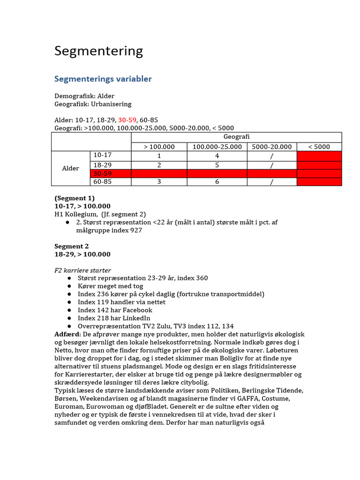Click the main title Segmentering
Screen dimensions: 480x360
coord(98,51)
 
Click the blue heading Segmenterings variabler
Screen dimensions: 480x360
coord(103,79)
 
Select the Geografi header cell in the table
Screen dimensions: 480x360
coord(236,137)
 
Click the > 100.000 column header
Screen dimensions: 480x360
coord(159,147)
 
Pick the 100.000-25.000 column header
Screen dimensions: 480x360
coord(217,147)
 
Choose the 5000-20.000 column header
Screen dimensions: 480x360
coord(271,147)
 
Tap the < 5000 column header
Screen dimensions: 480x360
coord(319,147)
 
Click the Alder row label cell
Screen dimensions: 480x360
coord(70,168)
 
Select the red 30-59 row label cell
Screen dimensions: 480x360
coord(110,173)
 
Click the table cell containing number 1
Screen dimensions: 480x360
coord(159,156)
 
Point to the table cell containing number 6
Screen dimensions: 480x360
coord(217,182)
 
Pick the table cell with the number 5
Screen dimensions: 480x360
coord(217,165)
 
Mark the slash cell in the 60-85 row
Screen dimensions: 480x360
coord(271,182)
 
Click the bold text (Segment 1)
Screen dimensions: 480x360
coord(75,198)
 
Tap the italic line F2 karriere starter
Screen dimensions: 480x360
coord(82,270)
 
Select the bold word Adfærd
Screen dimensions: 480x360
coord(67,334)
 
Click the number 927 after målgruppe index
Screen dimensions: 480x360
coord(136,230)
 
